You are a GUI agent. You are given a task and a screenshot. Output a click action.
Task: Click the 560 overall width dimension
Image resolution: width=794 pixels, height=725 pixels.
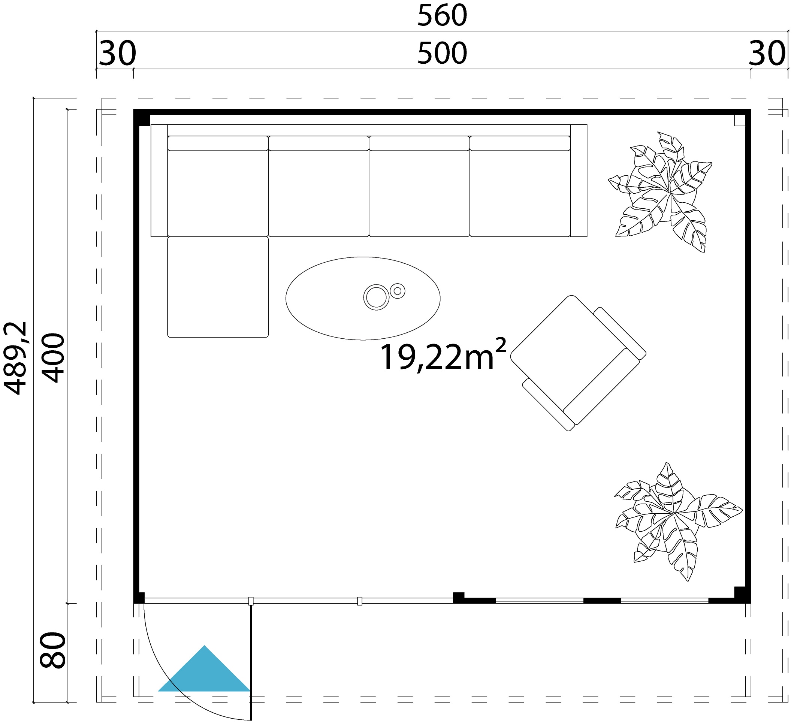point(442,16)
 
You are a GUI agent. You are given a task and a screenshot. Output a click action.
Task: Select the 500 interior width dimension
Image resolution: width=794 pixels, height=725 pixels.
point(442,53)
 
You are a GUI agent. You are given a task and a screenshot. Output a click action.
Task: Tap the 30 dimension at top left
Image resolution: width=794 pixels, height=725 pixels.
point(117,54)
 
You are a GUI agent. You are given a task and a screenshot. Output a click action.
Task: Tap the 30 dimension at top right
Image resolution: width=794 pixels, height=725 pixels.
point(766,54)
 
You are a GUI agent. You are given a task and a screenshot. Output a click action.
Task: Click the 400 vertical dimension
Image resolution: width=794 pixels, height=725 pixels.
point(53,357)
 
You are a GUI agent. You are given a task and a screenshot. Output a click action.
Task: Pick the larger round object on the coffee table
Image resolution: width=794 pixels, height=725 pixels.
point(376,297)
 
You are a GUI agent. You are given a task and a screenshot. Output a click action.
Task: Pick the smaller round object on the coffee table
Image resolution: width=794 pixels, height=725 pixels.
point(398,291)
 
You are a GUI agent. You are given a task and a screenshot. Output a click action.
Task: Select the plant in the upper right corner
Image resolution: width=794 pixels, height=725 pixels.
point(662,193)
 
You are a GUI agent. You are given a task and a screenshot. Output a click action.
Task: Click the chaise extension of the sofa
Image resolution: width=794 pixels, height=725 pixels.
point(218,287)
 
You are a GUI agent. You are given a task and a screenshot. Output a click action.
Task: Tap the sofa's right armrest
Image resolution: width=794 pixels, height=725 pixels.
point(579,180)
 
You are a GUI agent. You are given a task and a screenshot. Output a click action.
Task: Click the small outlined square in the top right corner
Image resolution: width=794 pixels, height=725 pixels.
point(740,121)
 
